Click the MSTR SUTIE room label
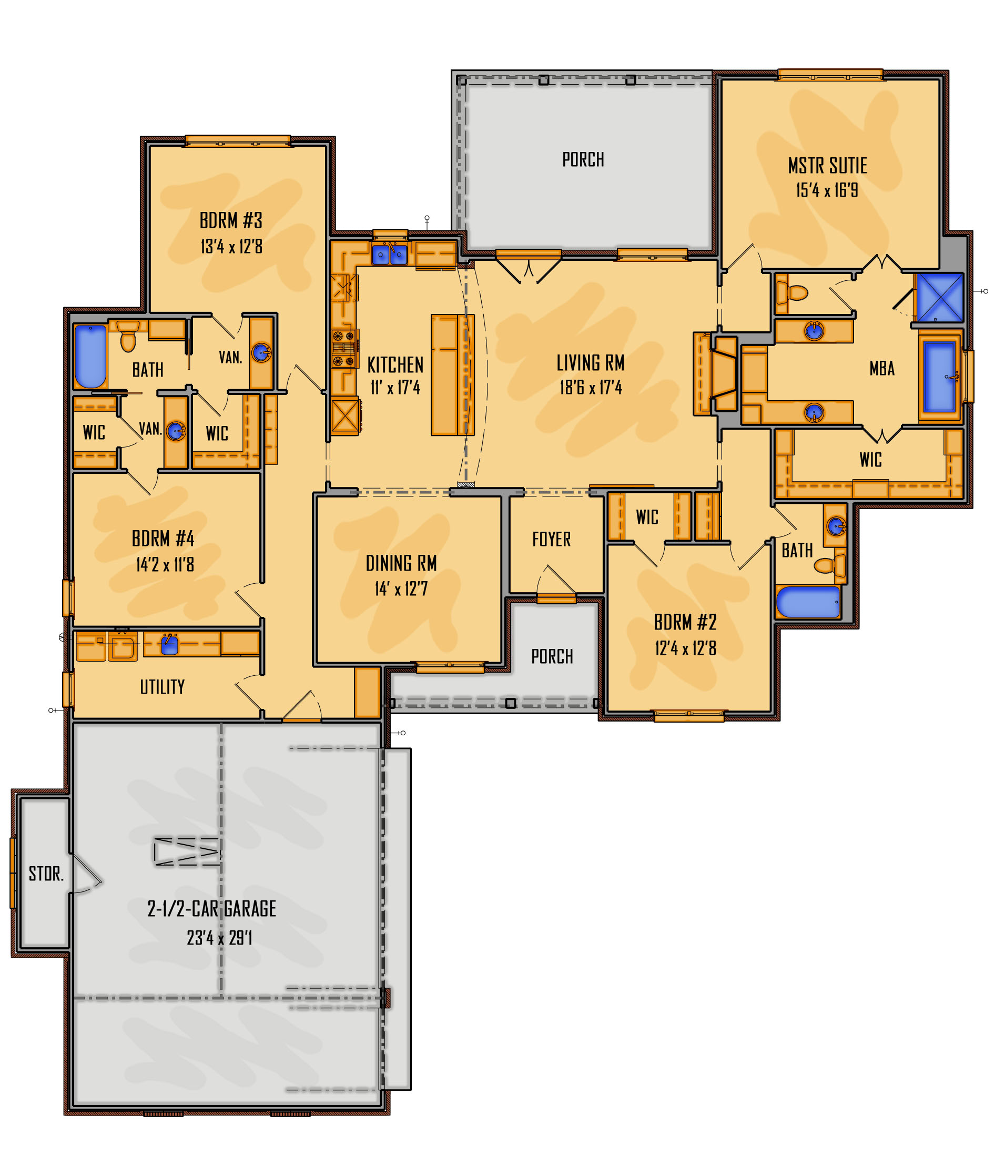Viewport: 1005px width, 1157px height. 827,166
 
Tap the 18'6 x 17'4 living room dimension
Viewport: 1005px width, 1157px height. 591,388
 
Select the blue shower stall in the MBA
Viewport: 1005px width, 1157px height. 939,297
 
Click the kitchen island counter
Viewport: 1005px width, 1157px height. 452,374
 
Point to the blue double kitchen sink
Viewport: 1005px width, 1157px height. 389,255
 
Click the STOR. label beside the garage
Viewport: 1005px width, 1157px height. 46,874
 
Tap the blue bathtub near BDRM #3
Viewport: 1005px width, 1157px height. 90,356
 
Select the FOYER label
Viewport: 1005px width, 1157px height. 551,539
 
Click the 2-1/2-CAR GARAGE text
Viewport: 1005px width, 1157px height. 211,909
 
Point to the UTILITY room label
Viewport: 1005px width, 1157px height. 162,687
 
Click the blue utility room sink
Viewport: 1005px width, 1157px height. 169,645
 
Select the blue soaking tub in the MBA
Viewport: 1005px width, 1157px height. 939,375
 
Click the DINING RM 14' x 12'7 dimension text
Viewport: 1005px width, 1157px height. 401,589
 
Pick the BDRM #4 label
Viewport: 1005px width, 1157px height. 163,539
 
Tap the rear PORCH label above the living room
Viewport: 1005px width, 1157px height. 583,160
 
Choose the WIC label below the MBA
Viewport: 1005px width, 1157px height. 870,460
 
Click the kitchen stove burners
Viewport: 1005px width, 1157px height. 344,348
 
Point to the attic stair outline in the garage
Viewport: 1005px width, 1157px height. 187,851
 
